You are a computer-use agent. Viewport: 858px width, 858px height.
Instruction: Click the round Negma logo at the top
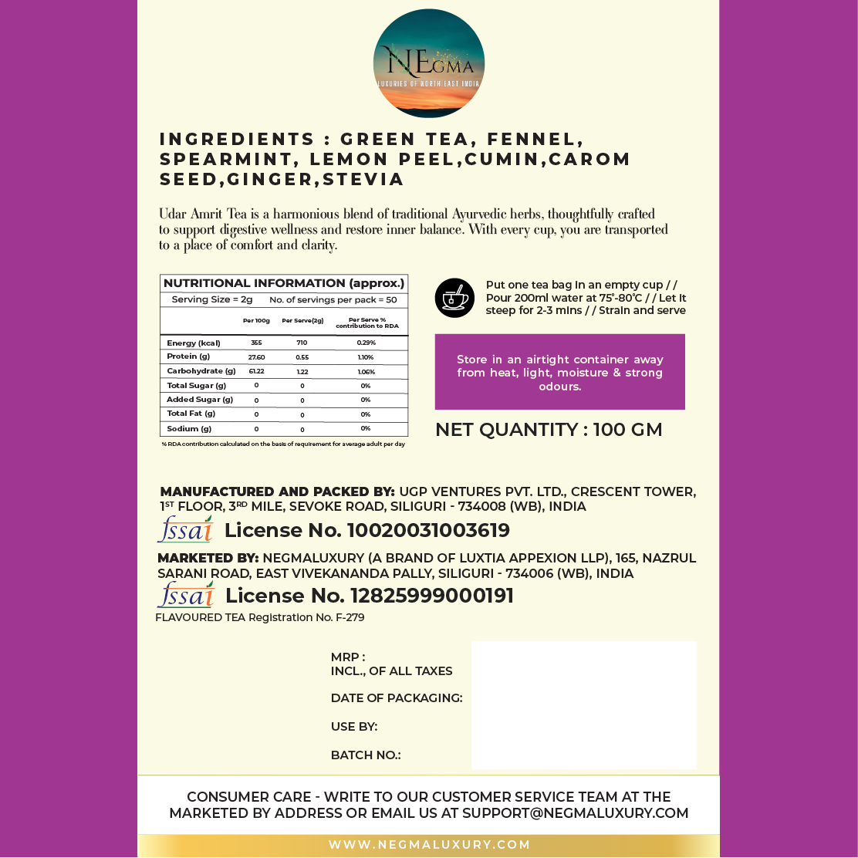tap(428, 63)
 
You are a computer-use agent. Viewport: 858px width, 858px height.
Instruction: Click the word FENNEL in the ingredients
tap(539, 140)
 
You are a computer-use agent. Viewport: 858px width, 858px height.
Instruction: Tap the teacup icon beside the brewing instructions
tap(454, 297)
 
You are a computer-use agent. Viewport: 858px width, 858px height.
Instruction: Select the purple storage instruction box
tap(559, 372)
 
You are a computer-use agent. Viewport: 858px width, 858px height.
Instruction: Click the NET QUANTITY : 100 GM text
tap(549, 430)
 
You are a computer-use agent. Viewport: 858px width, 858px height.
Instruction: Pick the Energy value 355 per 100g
tap(256, 343)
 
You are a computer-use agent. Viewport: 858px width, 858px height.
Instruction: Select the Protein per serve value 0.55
tap(302, 357)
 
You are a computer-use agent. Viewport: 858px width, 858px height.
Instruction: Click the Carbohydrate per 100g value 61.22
tap(256, 371)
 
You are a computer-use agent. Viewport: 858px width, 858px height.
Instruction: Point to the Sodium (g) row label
tap(189, 428)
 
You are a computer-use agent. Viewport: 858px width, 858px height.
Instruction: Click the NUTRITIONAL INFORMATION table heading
tap(284, 283)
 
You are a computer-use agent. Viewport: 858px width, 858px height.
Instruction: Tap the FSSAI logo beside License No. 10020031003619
tap(185, 529)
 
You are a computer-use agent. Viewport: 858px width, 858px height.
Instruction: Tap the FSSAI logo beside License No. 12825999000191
tap(185, 595)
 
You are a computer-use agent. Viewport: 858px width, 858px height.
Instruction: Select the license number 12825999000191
tap(431, 596)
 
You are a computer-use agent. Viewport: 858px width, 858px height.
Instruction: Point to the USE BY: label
tap(354, 727)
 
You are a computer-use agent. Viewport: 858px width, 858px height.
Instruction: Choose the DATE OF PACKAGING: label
tap(397, 698)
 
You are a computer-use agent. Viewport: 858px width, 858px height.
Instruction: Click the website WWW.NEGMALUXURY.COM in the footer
tap(430, 845)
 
